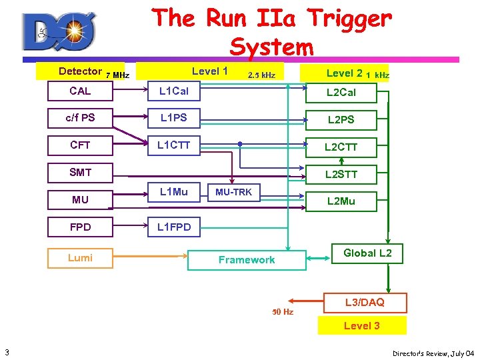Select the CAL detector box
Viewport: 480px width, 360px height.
tap(80, 91)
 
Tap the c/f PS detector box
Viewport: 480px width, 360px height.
tap(80, 118)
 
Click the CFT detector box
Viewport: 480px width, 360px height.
tap(80, 145)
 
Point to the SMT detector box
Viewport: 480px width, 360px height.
tap(80, 172)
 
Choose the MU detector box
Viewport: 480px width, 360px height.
tap(80, 199)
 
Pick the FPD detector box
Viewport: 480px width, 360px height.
tap(80, 227)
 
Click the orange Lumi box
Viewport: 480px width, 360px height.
tap(80, 258)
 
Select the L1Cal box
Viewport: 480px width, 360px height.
tap(173, 91)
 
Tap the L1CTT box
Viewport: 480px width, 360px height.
tap(173, 145)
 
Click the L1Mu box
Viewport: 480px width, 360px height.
tap(173, 192)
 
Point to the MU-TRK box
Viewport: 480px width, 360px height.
tap(233, 192)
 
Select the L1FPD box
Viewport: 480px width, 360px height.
tap(173, 227)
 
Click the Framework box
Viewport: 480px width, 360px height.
tap(247, 260)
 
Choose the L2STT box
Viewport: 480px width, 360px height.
tap(341, 175)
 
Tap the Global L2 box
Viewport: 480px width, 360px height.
tap(367, 253)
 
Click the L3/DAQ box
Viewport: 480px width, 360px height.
tap(364, 303)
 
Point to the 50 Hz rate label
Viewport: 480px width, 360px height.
tap(283, 311)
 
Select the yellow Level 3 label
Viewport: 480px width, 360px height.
tap(362, 325)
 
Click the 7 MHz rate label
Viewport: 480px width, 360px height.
tap(118, 75)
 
